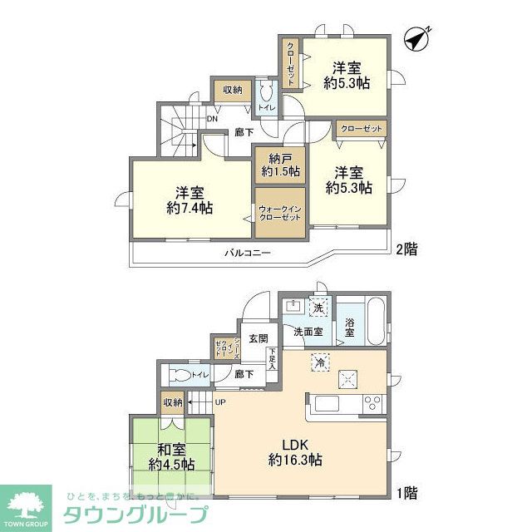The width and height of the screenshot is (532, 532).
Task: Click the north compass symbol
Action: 418,39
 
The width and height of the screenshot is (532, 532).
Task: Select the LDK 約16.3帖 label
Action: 295,451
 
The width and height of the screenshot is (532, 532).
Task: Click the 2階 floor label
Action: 406,249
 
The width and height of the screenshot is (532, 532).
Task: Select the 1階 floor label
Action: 406,493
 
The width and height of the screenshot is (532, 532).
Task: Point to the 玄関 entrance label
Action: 258,338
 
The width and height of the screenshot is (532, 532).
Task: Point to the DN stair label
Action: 213,118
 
